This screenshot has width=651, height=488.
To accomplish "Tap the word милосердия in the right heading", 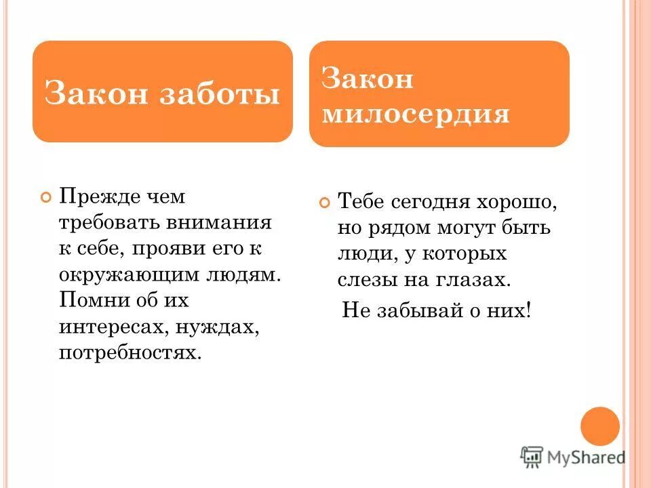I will click(x=415, y=114).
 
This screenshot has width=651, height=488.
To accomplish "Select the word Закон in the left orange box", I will click(x=96, y=94).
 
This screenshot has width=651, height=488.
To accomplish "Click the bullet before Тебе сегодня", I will click(x=324, y=203).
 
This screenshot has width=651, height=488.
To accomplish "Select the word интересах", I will click(x=112, y=327).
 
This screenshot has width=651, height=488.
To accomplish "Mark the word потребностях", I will click(x=130, y=353).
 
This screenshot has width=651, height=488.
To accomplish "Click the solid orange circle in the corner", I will click(x=600, y=426).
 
